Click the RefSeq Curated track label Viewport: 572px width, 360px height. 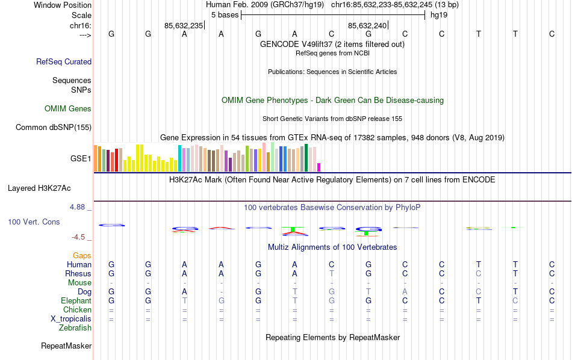coord(64,61)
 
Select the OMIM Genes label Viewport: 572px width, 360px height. coord(68,109)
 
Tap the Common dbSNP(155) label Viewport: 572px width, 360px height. coord(54,127)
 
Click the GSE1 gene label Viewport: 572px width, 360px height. coord(81,159)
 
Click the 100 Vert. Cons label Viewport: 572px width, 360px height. coord(34,222)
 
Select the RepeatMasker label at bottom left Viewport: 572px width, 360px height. coord(66,346)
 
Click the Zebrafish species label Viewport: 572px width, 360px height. coord(75,328)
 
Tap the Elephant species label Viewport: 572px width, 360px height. coord(76,300)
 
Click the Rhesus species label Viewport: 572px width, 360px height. coord(78,273)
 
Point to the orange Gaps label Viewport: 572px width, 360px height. coord(82,256)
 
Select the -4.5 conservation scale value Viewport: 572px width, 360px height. coord(80,237)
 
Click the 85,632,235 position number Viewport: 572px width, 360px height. coord(184,25)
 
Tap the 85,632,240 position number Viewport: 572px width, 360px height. coord(367,25)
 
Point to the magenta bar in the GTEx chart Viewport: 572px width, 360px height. coord(319,167)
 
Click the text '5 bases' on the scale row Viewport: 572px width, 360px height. coord(225,15)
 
